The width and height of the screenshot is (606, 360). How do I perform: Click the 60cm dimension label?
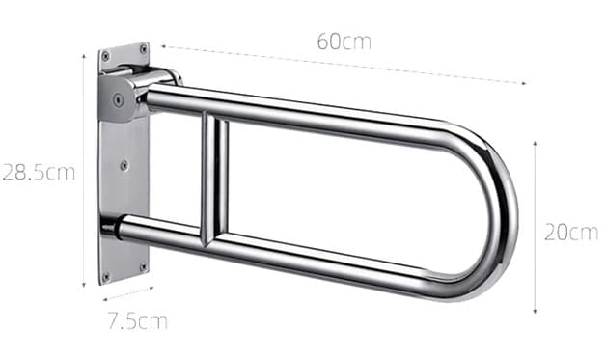(344, 42)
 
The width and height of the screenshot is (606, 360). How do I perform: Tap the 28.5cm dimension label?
(39, 173)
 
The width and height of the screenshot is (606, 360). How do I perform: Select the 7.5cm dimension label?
(138, 321)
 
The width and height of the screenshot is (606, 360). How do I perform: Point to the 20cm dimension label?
(571, 233)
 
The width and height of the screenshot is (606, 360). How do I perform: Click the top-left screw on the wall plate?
(105, 56)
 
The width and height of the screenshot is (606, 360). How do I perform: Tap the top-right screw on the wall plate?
(144, 49)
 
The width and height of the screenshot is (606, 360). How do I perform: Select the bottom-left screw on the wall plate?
(105, 277)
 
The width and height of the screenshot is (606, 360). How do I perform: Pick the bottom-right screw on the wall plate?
(143, 266)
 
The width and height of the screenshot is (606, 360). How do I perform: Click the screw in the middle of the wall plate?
(124, 166)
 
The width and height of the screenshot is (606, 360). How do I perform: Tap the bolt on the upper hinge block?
(119, 100)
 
